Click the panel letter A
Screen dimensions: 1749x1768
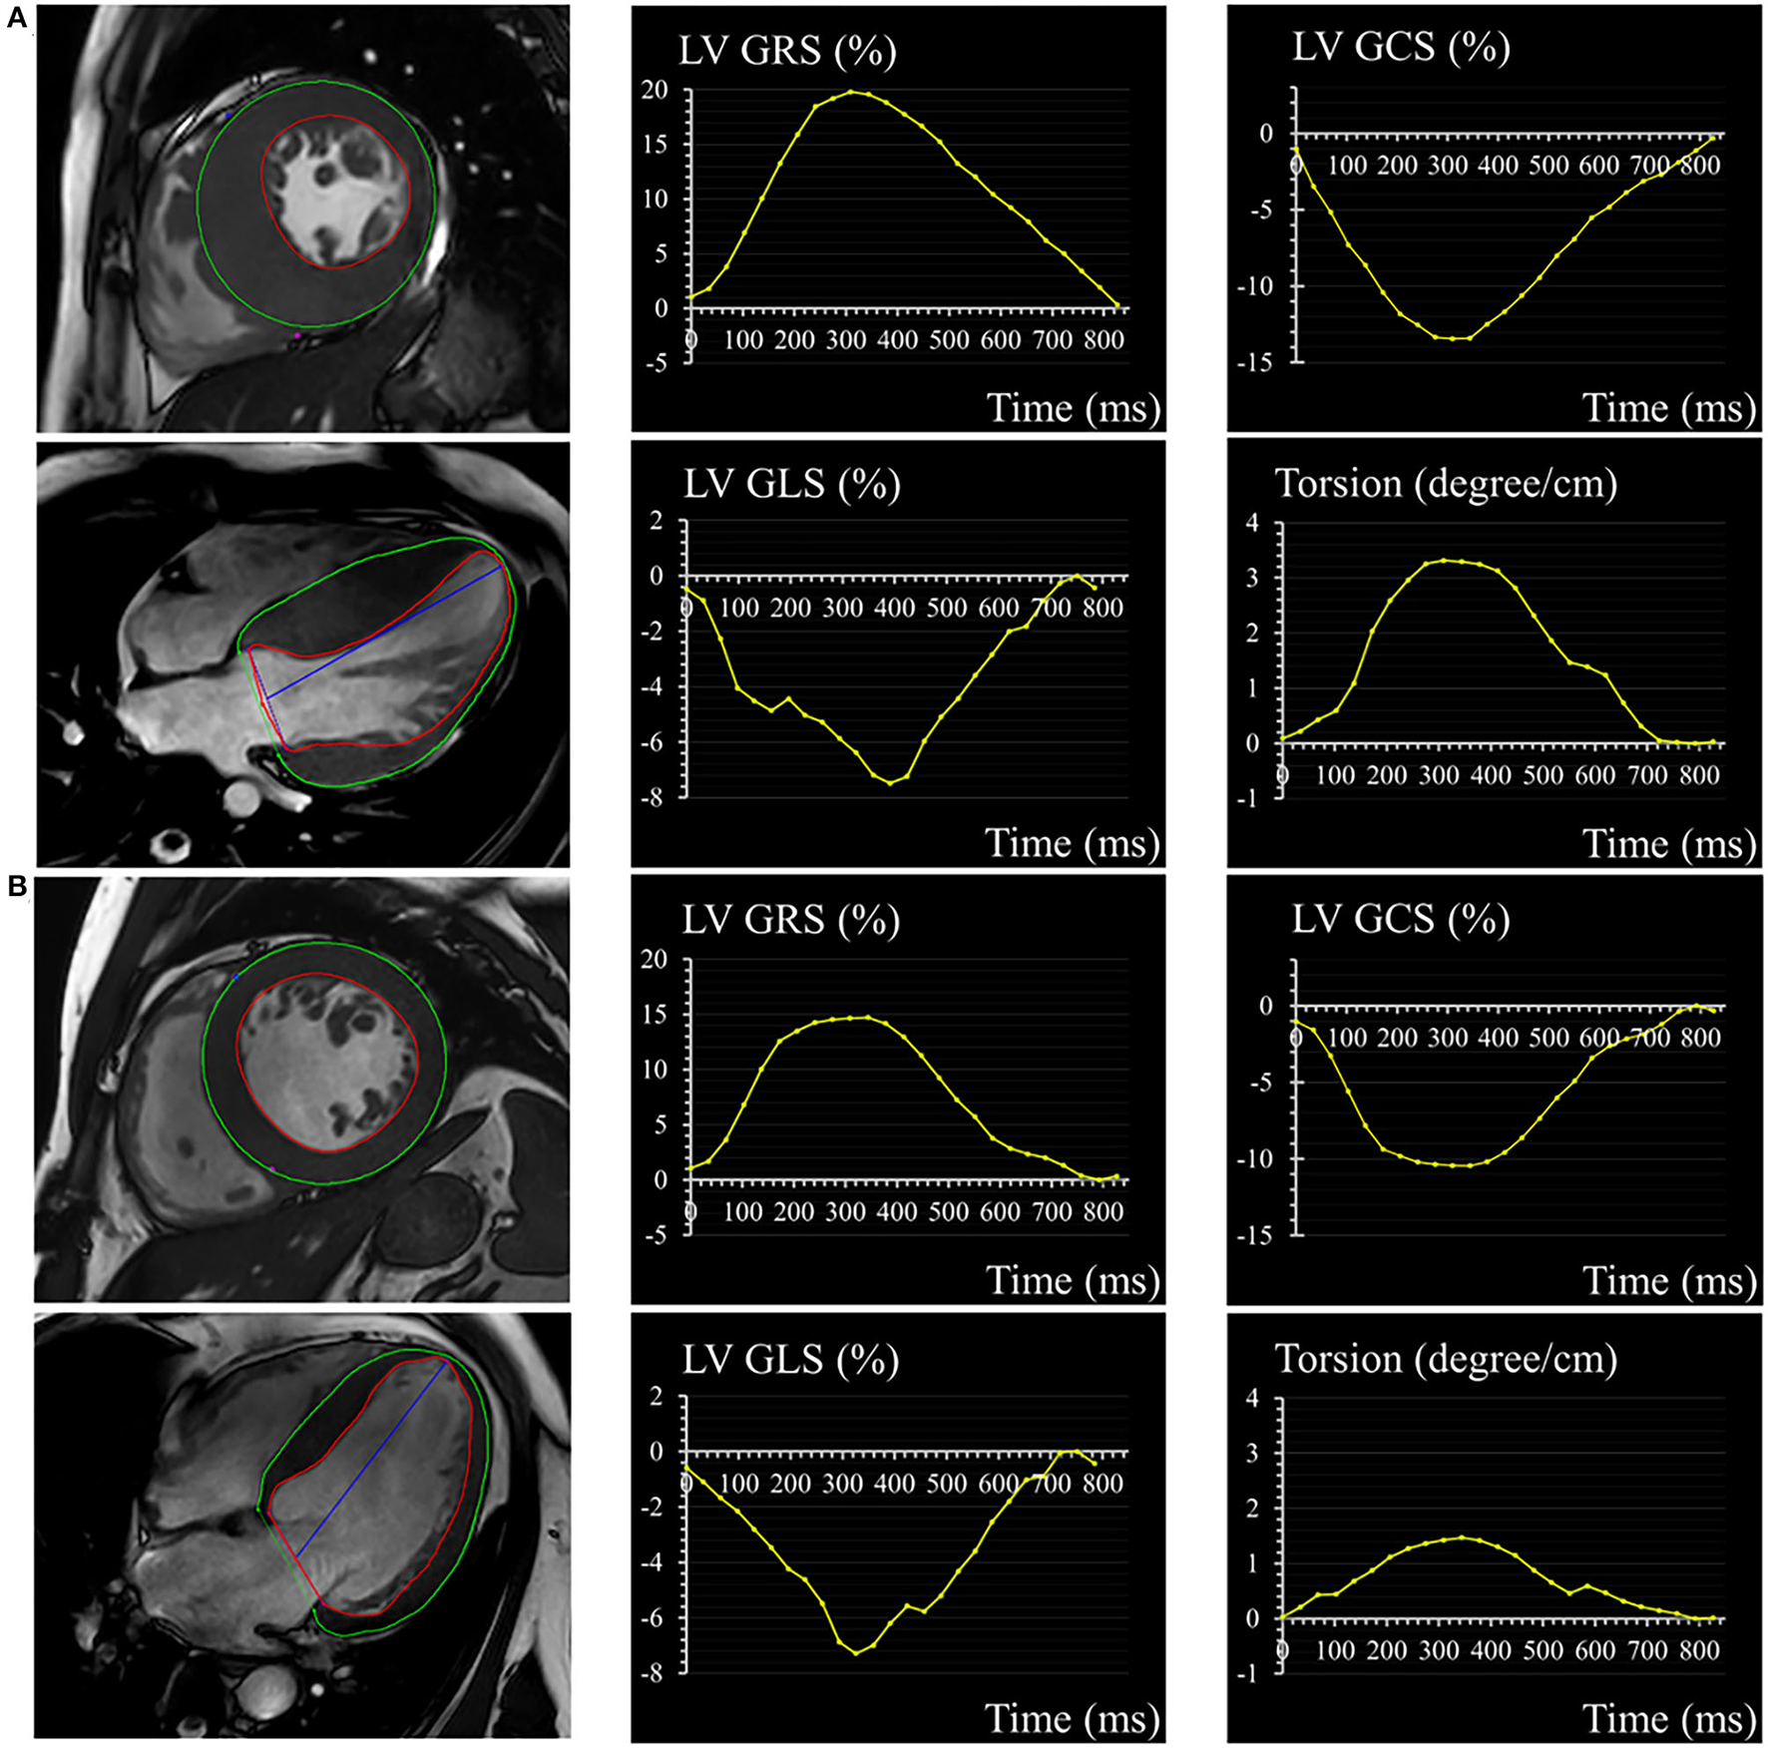[17, 18]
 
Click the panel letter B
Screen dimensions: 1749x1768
[17, 886]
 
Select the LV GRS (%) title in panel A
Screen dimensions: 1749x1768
[787, 51]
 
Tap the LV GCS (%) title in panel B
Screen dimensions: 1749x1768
[1400, 920]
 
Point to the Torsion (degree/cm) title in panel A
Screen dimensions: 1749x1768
[1446, 484]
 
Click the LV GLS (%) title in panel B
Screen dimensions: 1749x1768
[790, 1360]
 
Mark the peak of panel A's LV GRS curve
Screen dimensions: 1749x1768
[851, 92]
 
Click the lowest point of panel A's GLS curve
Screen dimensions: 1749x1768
[890, 783]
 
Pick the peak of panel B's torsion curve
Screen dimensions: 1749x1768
[1462, 1537]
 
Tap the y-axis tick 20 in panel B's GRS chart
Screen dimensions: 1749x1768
[655, 960]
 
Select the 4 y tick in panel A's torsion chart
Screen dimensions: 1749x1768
[1252, 524]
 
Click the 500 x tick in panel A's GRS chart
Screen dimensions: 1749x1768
[949, 340]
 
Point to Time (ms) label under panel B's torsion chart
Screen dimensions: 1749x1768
[1668, 1718]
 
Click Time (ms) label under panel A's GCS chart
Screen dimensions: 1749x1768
[1668, 408]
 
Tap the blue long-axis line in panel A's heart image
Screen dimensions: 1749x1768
[384, 632]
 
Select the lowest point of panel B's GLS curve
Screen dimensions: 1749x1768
[855, 1653]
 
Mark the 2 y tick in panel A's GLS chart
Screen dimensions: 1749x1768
[656, 521]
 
